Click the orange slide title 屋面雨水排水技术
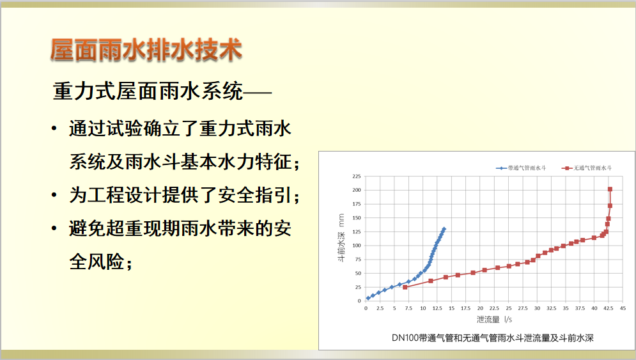tap(146, 51)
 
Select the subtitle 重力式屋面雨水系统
tap(148, 91)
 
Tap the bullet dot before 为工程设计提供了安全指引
tap(54, 195)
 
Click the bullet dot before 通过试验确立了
tap(54, 129)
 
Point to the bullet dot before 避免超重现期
tap(54, 228)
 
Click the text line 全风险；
tap(101, 262)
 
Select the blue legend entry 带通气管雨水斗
tap(521, 168)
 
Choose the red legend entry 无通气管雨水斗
tap(587, 168)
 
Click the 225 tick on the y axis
tap(357, 176)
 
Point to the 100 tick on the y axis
tap(357, 246)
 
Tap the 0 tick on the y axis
tap(359, 301)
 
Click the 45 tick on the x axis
tap(623, 308)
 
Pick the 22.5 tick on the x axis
tap(494, 308)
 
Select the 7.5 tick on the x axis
tap(408, 308)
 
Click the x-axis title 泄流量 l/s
tap(494, 320)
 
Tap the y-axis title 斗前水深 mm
tap(341, 238)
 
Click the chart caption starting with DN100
tap(492, 338)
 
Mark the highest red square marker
tap(610, 189)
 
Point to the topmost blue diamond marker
tap(444, 229)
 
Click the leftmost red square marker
tap(405, 287)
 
